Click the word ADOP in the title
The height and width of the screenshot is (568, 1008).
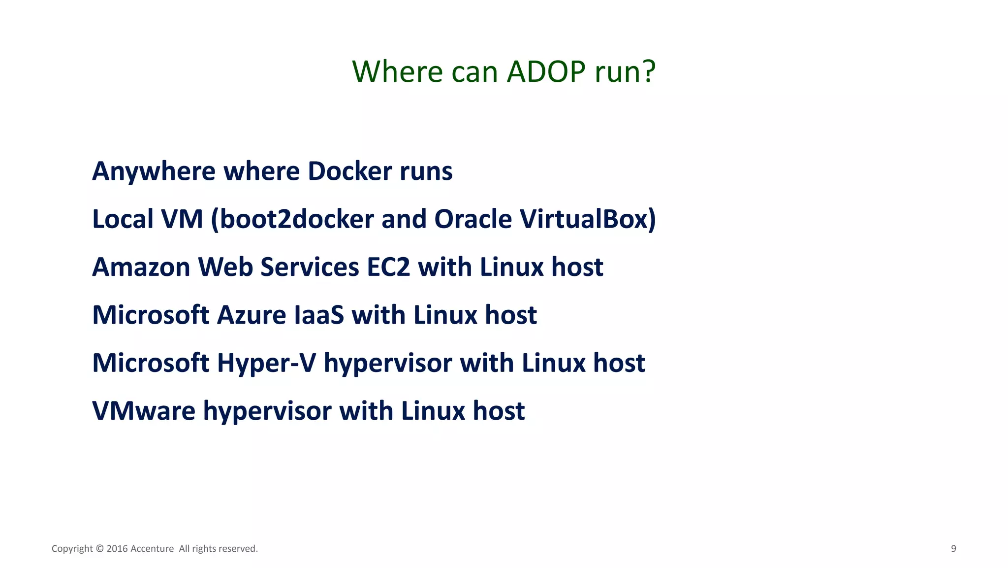546,72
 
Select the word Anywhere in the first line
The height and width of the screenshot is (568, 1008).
154,171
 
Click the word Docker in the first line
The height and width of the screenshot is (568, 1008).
349,171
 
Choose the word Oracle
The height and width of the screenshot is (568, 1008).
473,219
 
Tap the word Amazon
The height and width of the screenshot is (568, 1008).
141,267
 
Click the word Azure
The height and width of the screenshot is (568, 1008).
252,315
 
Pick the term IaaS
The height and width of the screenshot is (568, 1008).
319,315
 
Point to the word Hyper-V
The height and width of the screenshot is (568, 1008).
266,363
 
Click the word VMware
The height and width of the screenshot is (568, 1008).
144,411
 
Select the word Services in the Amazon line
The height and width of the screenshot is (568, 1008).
310,267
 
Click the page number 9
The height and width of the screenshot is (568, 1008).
953,549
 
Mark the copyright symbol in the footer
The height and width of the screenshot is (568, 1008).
99,549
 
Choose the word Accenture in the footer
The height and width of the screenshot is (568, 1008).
152,549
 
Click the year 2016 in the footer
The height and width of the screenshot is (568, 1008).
117,549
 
